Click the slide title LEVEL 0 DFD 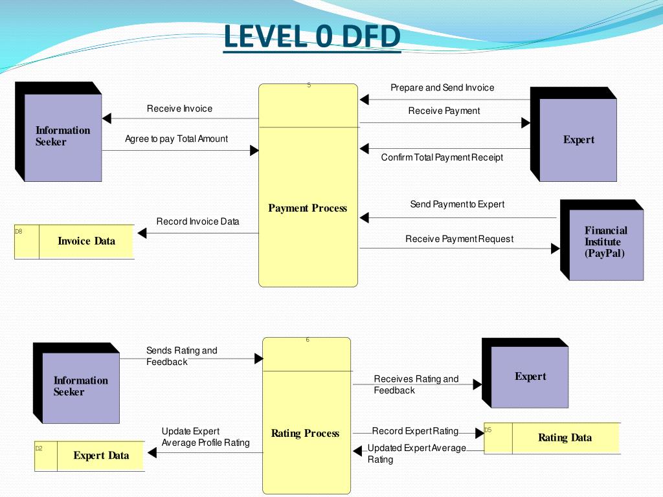[x=312, y=36]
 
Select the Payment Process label [x=308, y=208]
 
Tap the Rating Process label [x=305, y=434]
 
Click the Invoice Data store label [x=86, y=241]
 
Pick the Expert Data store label [x=101, y=456]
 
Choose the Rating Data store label [x=565, y=438]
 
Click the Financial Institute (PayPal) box [x=606, y=242]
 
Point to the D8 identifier [x=19, y=231]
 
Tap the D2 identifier [x=39, y=448]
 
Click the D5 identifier [x=488, y=430]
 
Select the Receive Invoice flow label [x=179, y=109]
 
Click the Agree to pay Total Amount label [x=176, y=139]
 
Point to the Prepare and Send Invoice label [x=442, y=88]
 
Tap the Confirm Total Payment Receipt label [x=442, y=158]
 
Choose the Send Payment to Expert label [x=457, y=204]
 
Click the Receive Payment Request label [x=459, y=239]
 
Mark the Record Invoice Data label [x=197, y=222]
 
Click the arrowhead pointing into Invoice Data [x=142, y=233]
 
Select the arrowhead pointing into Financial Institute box [x=555, y=248]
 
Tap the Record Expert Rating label [x=415, y=432]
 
